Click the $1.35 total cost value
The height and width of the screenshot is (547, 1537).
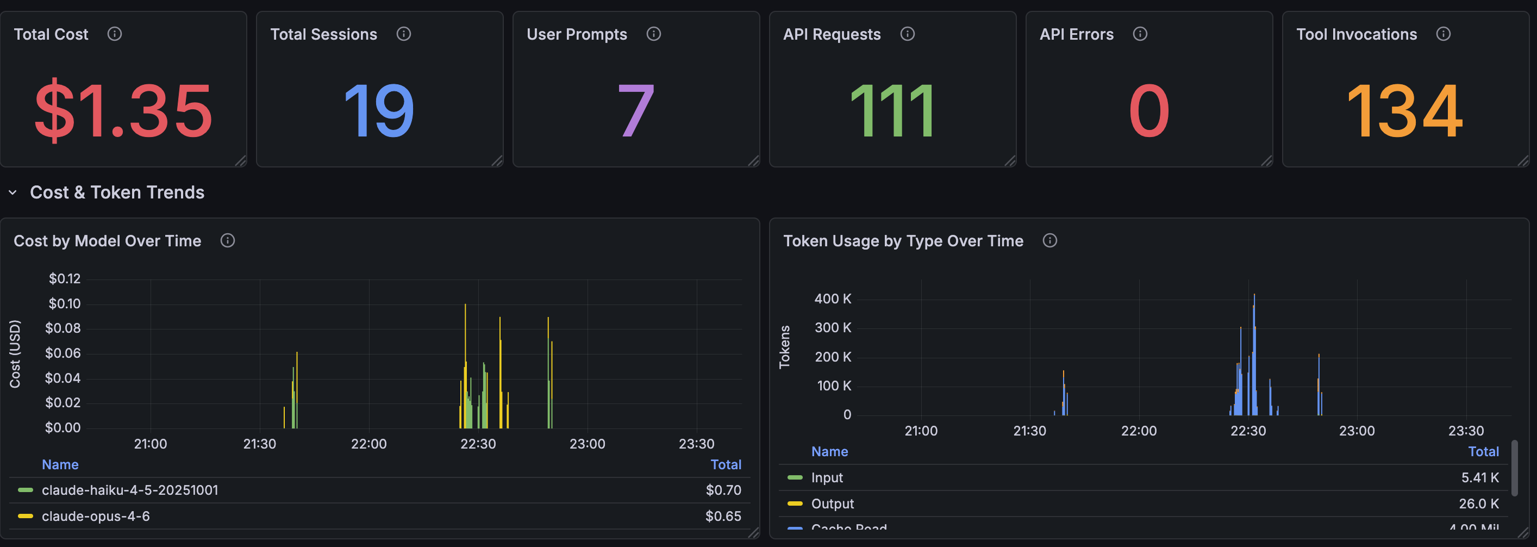123,111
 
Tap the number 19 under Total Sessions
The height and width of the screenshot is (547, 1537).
379,111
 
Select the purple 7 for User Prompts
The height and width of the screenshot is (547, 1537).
635,111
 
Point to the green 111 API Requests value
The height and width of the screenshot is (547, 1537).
892,111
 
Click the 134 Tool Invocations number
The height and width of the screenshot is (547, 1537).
1404,111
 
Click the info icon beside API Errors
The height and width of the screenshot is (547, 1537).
1140,34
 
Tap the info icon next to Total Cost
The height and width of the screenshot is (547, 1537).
115,34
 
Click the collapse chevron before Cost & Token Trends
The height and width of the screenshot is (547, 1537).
13,192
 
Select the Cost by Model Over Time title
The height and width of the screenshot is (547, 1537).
108,241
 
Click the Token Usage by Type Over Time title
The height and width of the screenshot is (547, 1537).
903,241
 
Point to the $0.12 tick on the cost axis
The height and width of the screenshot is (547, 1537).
65,278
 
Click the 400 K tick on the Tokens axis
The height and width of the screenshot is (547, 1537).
833,299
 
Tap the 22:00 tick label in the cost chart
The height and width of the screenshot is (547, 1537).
368,444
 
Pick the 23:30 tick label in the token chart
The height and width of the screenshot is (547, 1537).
1465,431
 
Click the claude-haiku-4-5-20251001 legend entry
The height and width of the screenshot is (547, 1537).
129,490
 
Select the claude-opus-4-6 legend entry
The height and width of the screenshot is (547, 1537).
96,516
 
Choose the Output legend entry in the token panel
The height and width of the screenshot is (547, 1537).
832,504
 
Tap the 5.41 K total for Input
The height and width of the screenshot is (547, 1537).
1480,477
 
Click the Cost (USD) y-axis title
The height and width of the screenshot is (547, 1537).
15,354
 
